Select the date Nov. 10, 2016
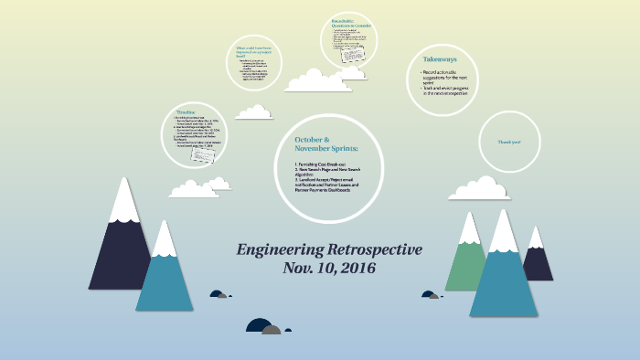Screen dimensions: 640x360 (x=329, y=269)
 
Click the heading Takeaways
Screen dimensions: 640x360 (x=442, y=57)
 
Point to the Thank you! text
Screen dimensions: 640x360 (x=508, y=143)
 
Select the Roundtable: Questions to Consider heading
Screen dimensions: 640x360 (x=348, y=26)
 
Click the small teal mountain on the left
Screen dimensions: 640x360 (x=164, y=274)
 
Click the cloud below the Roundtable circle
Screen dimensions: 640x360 (x=317, y=81)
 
